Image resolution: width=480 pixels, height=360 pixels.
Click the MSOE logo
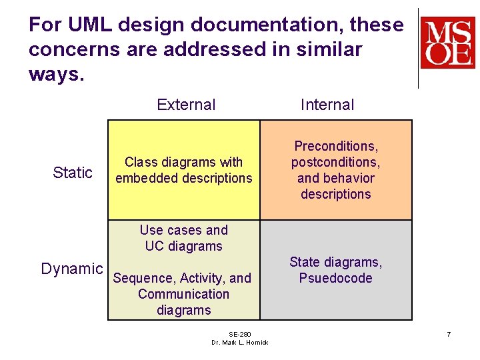click(447, 43)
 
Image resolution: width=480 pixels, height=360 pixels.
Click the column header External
click(186, 105)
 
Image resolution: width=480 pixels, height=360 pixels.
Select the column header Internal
click(327, 105)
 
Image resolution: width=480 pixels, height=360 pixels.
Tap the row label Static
click(72, 173)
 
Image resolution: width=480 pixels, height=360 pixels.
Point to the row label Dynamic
click(72, 269)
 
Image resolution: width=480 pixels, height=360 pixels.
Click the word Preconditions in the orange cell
click(335, 146)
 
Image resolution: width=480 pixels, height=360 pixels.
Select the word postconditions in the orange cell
click(335, 162)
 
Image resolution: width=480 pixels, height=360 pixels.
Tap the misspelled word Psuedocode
click(335, 278)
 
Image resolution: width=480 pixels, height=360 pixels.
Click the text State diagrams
click(335, 262)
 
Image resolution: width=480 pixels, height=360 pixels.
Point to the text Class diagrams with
click(183, 162)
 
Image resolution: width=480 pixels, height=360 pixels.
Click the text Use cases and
click(183, 230)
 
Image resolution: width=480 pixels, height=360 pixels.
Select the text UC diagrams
click(183, 246)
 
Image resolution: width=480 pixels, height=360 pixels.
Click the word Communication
click(183, 294)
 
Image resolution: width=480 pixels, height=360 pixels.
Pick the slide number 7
click(449, 333)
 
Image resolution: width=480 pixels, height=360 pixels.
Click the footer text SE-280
click(239, 334)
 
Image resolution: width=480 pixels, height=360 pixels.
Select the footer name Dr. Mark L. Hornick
click(239, 343)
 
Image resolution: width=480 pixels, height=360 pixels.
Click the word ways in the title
click(53, 74)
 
